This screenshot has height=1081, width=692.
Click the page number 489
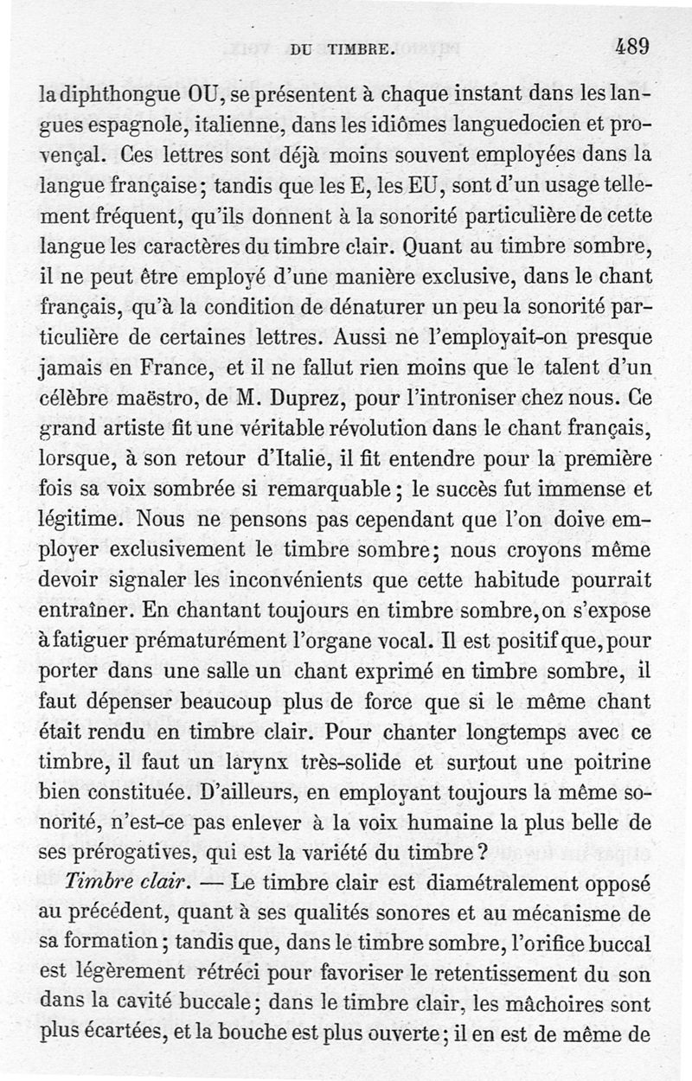pyautogui.click(x=633, y=46)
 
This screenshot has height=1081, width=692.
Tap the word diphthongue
pyautogui.click(x=118, y=90)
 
